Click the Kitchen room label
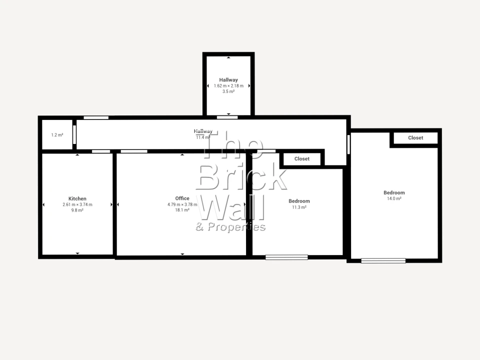77,198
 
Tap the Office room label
182,198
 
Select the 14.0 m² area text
394,198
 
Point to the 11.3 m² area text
299,207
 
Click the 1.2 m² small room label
57,135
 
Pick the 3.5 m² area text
228,91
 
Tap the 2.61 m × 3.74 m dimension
77,204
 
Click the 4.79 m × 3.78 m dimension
182,204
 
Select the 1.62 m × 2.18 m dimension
228,86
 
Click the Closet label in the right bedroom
415,138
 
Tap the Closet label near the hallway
302,159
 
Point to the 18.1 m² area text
182,210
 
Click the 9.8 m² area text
77,210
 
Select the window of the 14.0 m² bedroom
383,260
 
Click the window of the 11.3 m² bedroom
286,257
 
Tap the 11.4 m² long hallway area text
203,137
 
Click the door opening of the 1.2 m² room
74,134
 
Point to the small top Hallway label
228,80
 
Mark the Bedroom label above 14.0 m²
394,193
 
